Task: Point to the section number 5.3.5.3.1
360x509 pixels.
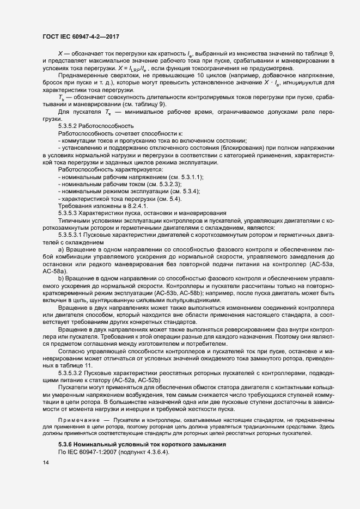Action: [x=75, y=234]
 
